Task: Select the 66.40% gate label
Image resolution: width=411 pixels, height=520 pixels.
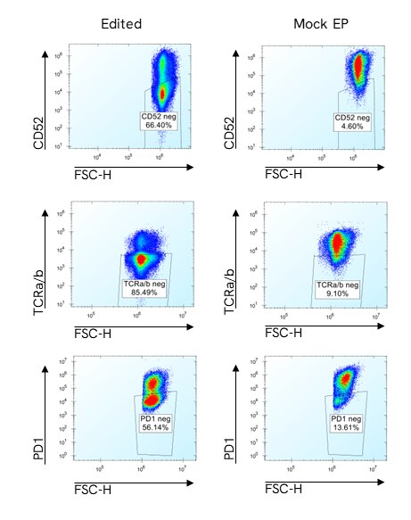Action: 161,122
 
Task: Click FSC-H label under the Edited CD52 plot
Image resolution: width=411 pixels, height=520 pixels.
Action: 93,173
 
